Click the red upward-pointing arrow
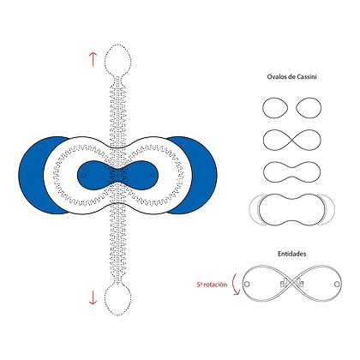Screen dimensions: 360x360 tap(93, 59)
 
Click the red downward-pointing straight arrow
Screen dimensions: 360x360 tap(93, 297)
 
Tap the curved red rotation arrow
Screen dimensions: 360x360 tap(235, 285)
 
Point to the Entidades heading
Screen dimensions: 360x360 tap(291, 254)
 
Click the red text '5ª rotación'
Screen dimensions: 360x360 tap(212, 285)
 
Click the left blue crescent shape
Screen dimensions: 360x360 tap(32, 175)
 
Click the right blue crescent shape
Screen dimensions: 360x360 tap(204, 175)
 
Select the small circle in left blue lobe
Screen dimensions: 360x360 tap(84, 175)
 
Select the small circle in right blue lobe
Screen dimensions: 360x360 tap(153, 175)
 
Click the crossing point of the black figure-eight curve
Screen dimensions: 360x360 tap(291, 140)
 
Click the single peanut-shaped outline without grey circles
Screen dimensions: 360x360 tap(263, 172)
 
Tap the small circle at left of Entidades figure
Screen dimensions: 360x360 tap(247, 285)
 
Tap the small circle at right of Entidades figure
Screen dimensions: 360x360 tap(337, 285)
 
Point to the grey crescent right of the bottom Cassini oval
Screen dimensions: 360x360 tap(332, 209)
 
